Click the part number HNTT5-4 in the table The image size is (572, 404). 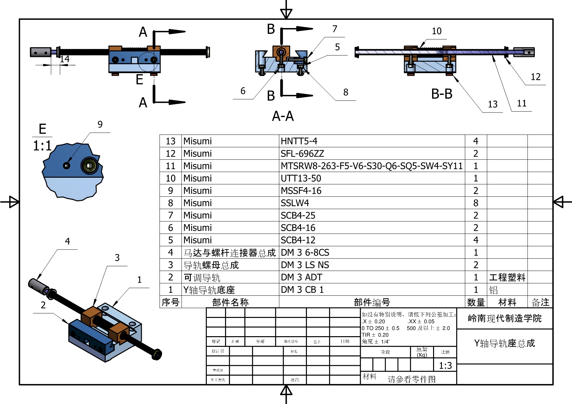pyautogui.click(x=299, y=141)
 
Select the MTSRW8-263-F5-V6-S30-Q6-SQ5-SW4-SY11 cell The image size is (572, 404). pyautogui.click(x=371, y=166)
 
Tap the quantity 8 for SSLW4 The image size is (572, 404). pyautogui.click(x=475, y=203)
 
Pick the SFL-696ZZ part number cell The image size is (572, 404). pyautogui.click(x=302, y=154)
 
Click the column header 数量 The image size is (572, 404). pyautogui.click(x=476, y=302)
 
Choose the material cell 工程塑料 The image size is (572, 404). pyautogui.click(x=507, y=277)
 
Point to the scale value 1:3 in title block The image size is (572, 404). pyautogui.click(x=445, y=366)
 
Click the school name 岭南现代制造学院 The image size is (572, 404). pyautogui.click(x=504, y=318)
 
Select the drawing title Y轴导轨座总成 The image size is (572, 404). pyautogui.click(x=504, y=343)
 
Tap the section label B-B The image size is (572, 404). pyautogui.click(x=442, y=94)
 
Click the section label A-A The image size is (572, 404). pyautogui.click(x=283, y=116)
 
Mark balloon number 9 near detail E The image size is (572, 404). pyautogui.click(x=100, y=124)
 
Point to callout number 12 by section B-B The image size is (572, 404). pyautogui.click(x=535, y=77)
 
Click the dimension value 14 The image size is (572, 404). pyautogui.click(x=65, y=59)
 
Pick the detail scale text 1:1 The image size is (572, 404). pyautogui.click(x=42, y=145)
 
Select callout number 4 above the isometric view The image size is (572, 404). pyautogui.click(x=68, y=241)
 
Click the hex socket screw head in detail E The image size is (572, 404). pyautogui.click(x=90, y=166)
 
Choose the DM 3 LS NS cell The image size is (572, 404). pyautogui.click(x=305, y=265)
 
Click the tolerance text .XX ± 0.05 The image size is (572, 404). pyautogui.click(x=421, y=322)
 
